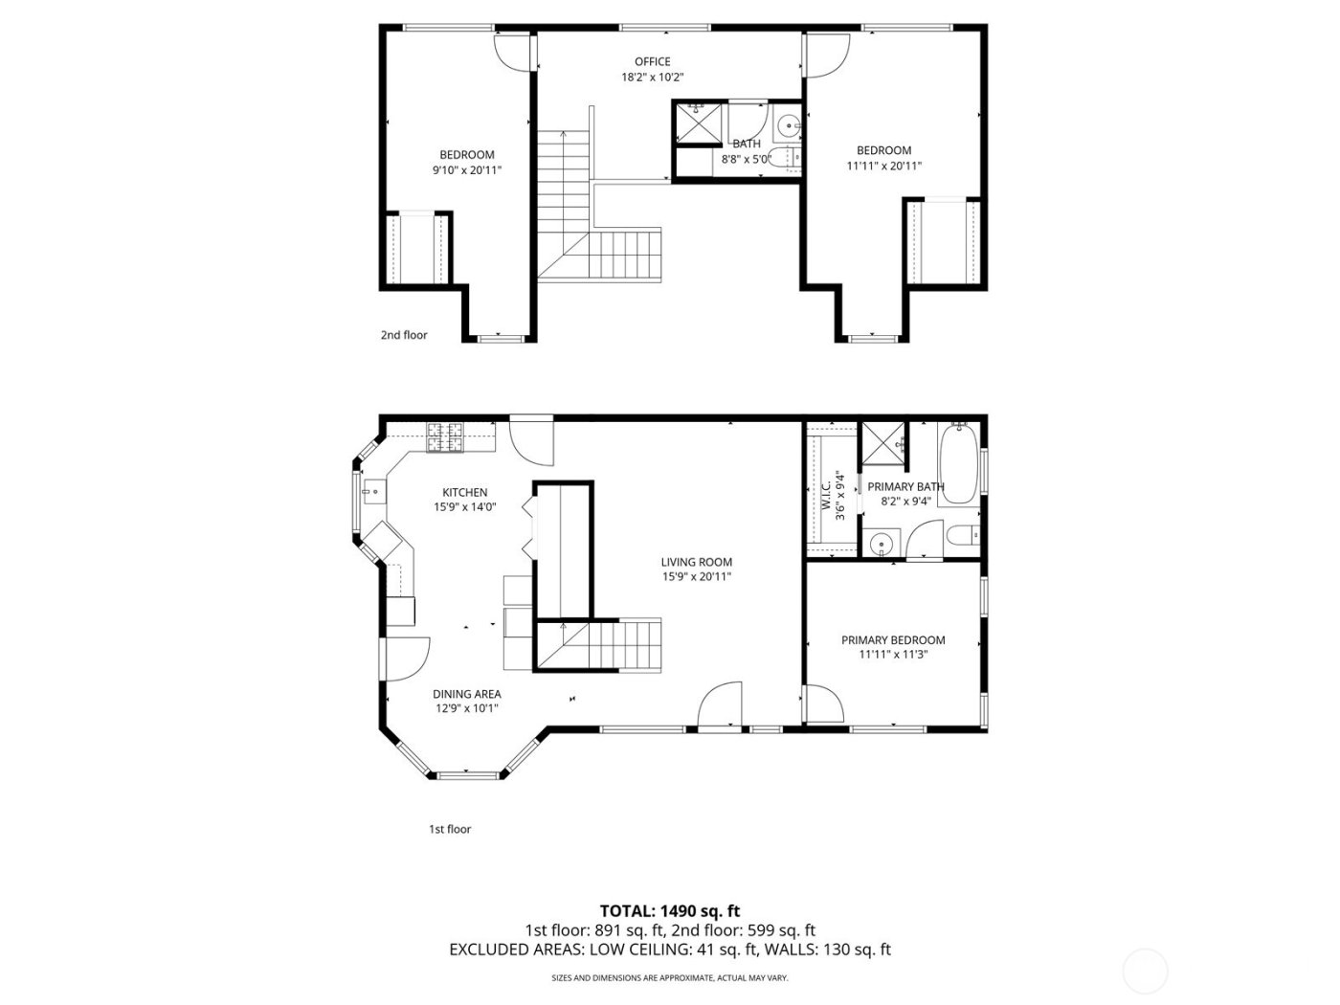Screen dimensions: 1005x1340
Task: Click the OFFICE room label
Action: click(x=652, y=62)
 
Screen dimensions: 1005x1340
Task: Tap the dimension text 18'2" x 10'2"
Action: click(x=652, y=78)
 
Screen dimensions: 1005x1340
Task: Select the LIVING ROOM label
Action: click(x=696, y=562)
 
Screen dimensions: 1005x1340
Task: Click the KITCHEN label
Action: click(x=464, y=492)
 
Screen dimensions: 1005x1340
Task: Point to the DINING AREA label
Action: click(x=466, y=694)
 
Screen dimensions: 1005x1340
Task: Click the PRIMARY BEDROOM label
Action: click(x=892, y=640)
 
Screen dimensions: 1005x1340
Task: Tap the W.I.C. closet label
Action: click(x=825, y=491)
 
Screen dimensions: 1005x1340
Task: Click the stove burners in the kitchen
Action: click(x=443, y=438)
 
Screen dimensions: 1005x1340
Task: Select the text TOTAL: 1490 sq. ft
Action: click(x=669, y=911)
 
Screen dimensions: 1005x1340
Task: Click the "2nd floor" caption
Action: click(x=404, y=335)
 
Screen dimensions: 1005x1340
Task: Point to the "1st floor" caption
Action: click(x=449, y=829)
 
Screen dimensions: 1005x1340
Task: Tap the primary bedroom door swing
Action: click(x=823, y=703)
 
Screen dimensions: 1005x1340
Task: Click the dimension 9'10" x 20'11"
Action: click(x=466, y=170)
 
